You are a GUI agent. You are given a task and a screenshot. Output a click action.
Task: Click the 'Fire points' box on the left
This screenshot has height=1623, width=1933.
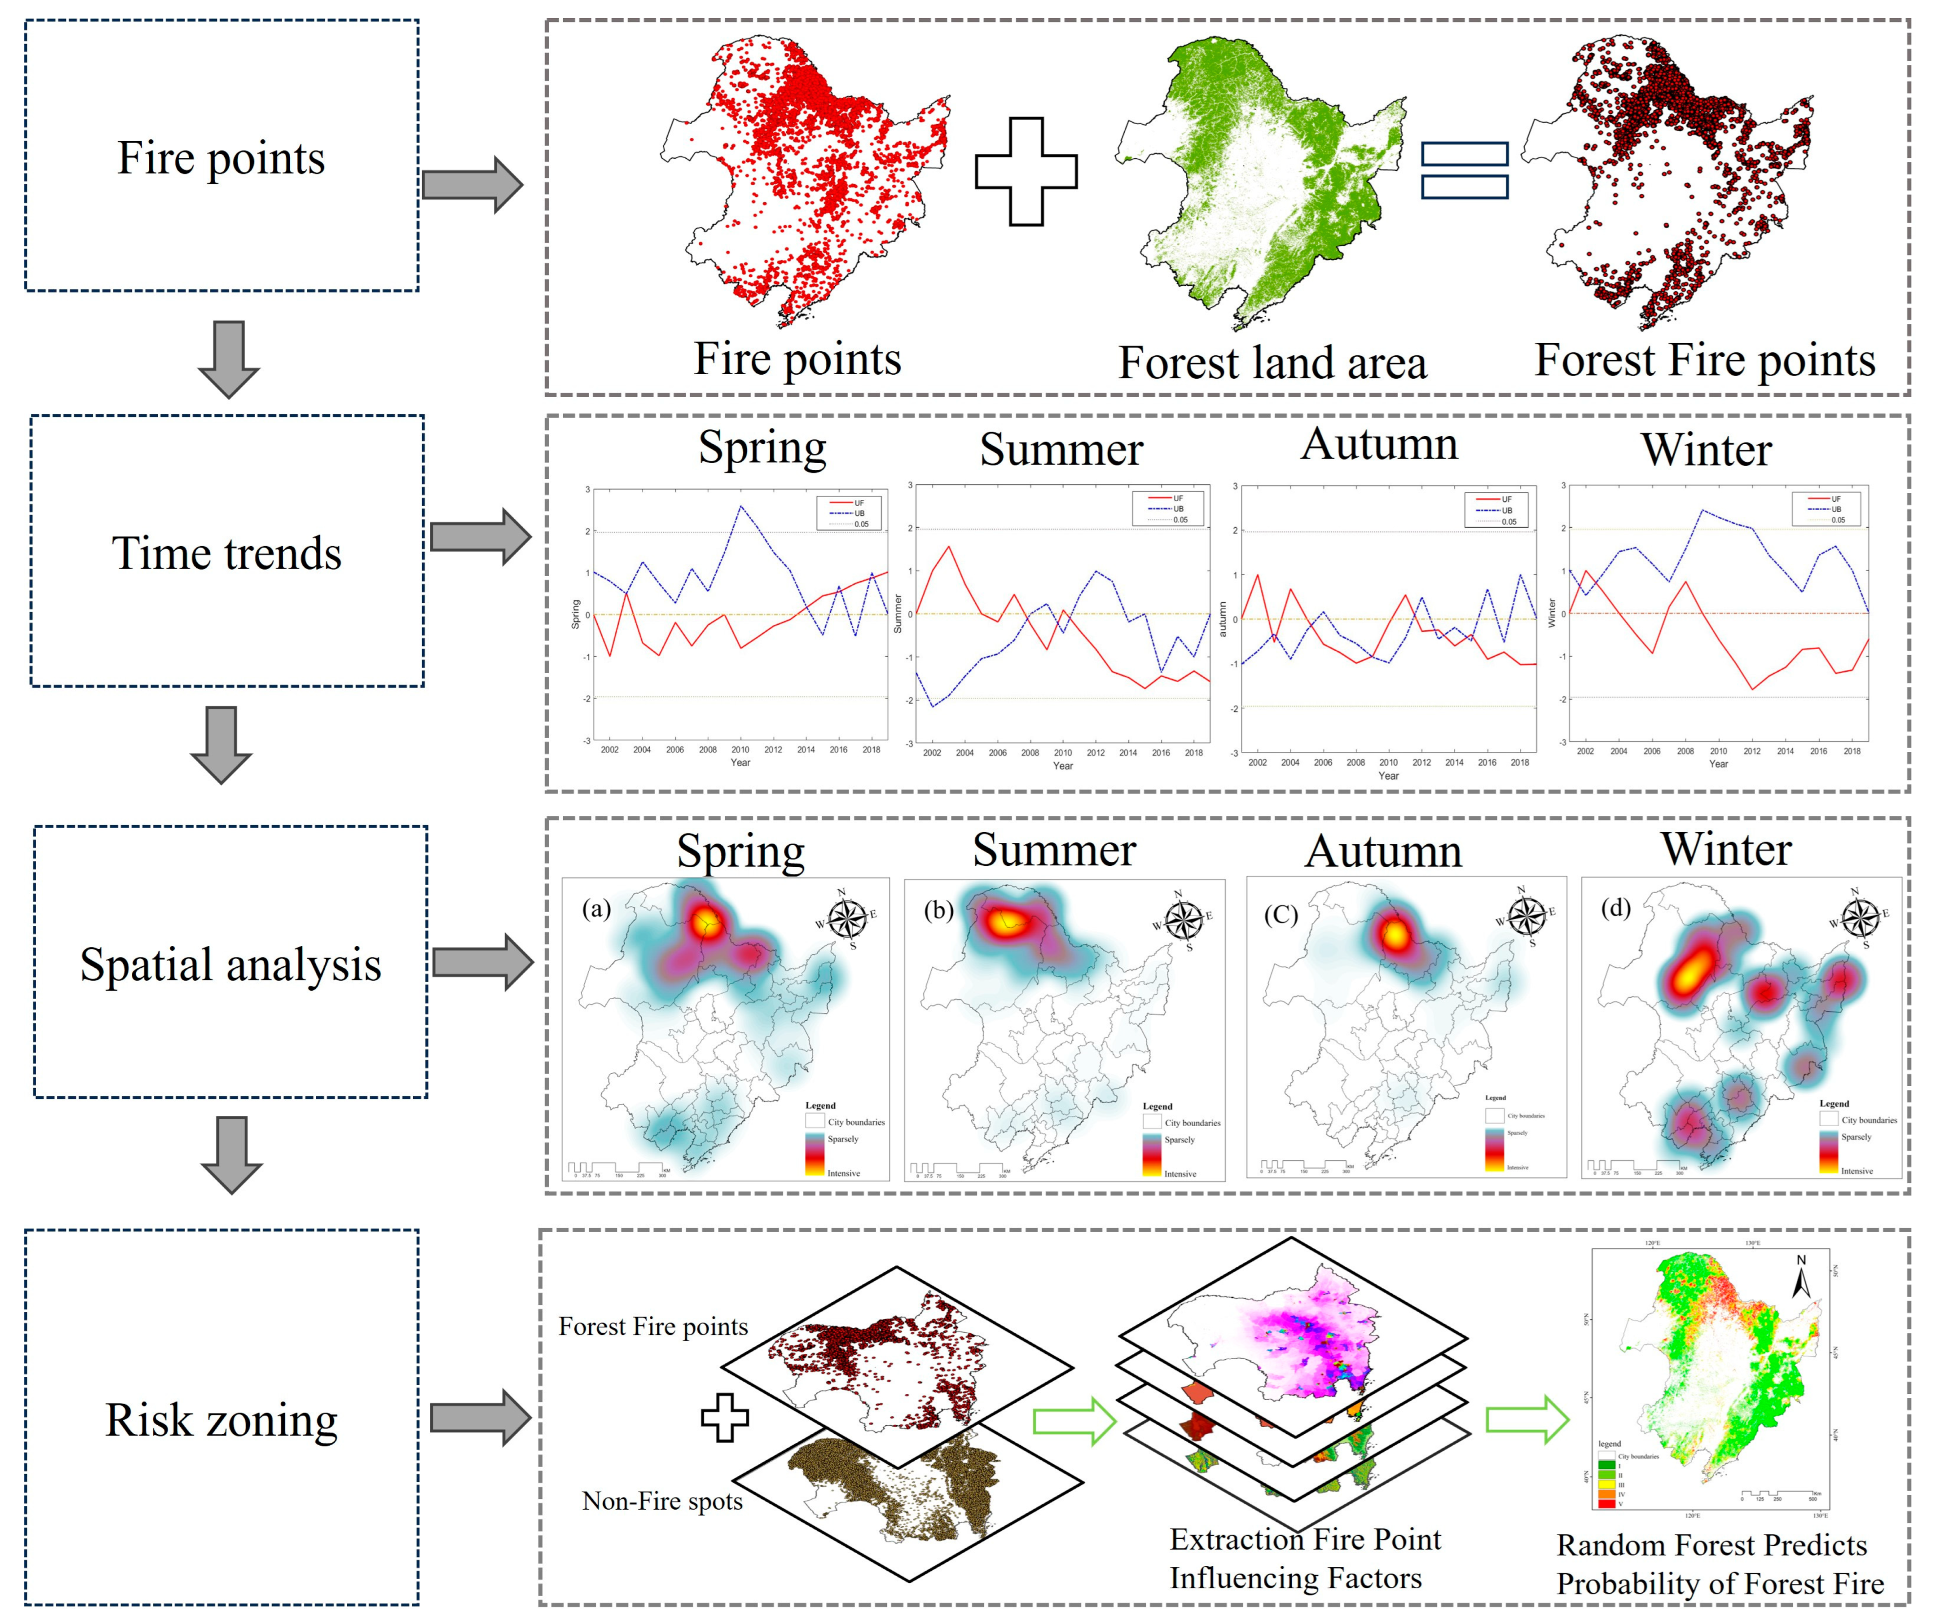pyautogui.click(x=222, y=156)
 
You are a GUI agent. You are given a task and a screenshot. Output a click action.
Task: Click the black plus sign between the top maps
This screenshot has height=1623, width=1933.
pyautogui.click(x=1027, y=171)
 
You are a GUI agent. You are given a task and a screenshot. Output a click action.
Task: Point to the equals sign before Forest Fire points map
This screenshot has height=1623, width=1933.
pyautogui.click(x=1465, y=171)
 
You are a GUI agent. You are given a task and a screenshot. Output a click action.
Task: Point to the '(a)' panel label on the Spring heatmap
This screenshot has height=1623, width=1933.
pyautogui.click(x=596, y=910)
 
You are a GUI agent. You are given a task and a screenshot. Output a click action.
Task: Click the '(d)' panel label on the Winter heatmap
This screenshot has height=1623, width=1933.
pyautogui.click(x=1617, y=909)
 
